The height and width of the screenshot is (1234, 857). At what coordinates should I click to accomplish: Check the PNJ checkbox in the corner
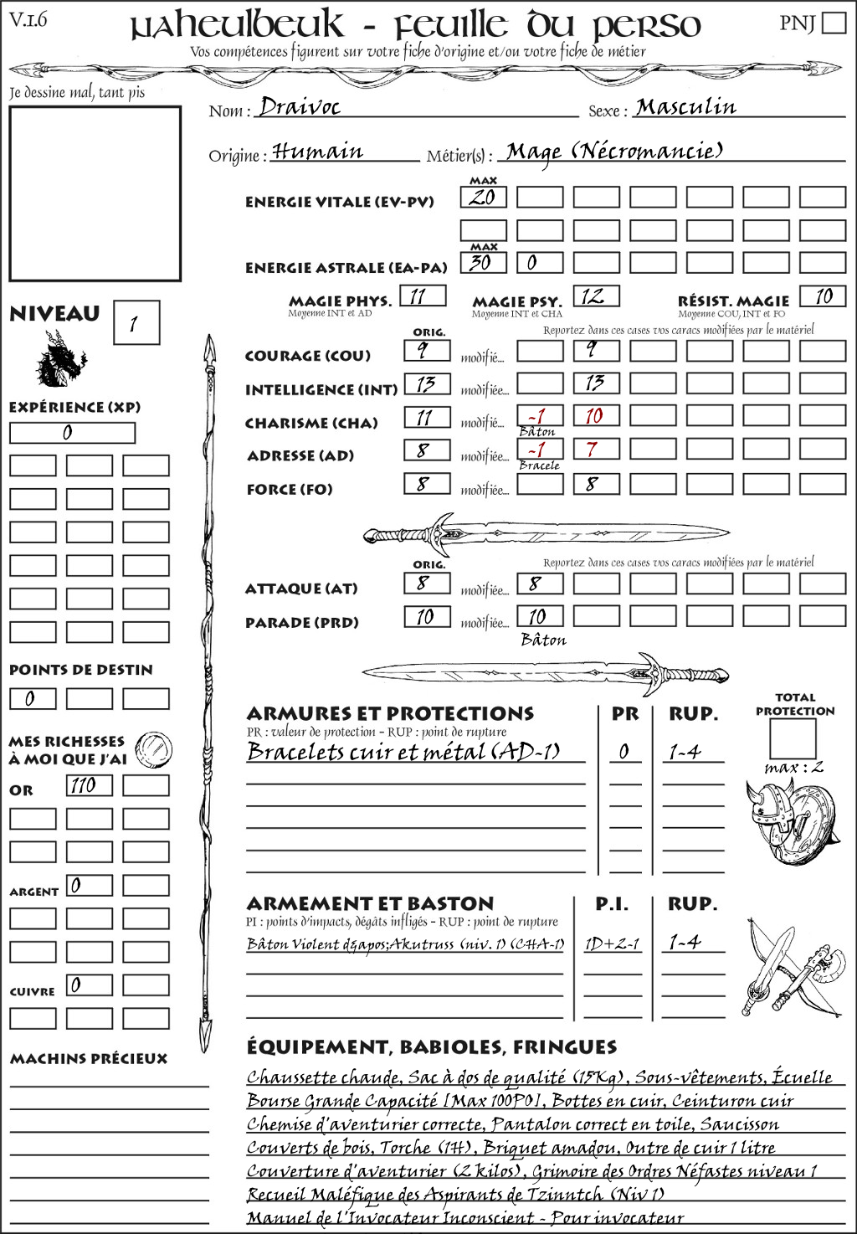point(834,22)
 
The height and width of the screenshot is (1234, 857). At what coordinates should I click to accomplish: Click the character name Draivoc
point(300,106)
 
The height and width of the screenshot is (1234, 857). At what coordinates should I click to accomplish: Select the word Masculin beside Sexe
point(685,107)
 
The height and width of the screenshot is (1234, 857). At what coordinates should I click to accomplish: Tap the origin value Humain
point(317,152)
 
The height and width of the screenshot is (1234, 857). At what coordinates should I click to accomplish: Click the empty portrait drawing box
point(95,193)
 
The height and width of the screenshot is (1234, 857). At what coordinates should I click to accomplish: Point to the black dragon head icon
point(59,359)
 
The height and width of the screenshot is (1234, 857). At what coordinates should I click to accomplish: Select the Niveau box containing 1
point(136,323)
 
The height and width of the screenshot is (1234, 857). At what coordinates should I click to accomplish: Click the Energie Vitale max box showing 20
point(483,198)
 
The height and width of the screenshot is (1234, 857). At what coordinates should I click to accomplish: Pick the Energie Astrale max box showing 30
point(483,262)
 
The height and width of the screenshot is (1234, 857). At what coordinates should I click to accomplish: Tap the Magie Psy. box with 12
point(595,296)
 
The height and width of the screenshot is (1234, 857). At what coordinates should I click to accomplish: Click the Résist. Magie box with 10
point(822,296)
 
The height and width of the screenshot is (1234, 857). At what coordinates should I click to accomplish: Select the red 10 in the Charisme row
point(595,416)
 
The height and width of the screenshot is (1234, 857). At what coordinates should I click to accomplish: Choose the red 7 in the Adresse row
point(595,450)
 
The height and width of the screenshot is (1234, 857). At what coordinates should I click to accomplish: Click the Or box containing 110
point(89,785)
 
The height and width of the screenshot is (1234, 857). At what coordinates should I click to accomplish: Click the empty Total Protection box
point(792,738)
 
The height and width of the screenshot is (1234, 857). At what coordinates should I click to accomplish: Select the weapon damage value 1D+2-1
point(612,943)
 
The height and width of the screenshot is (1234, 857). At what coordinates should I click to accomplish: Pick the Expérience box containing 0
point(72,433)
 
